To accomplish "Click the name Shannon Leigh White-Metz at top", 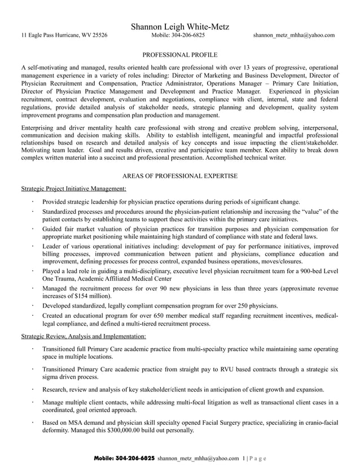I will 179,27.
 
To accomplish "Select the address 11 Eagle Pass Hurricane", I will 64,36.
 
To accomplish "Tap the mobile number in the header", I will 178,36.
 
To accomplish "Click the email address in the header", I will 293,36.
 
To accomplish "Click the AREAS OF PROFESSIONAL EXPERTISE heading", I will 179,177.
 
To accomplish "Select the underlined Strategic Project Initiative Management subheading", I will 73,188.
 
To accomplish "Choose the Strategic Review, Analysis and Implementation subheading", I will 83,336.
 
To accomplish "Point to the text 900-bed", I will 305,271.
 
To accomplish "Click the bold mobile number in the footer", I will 124,458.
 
